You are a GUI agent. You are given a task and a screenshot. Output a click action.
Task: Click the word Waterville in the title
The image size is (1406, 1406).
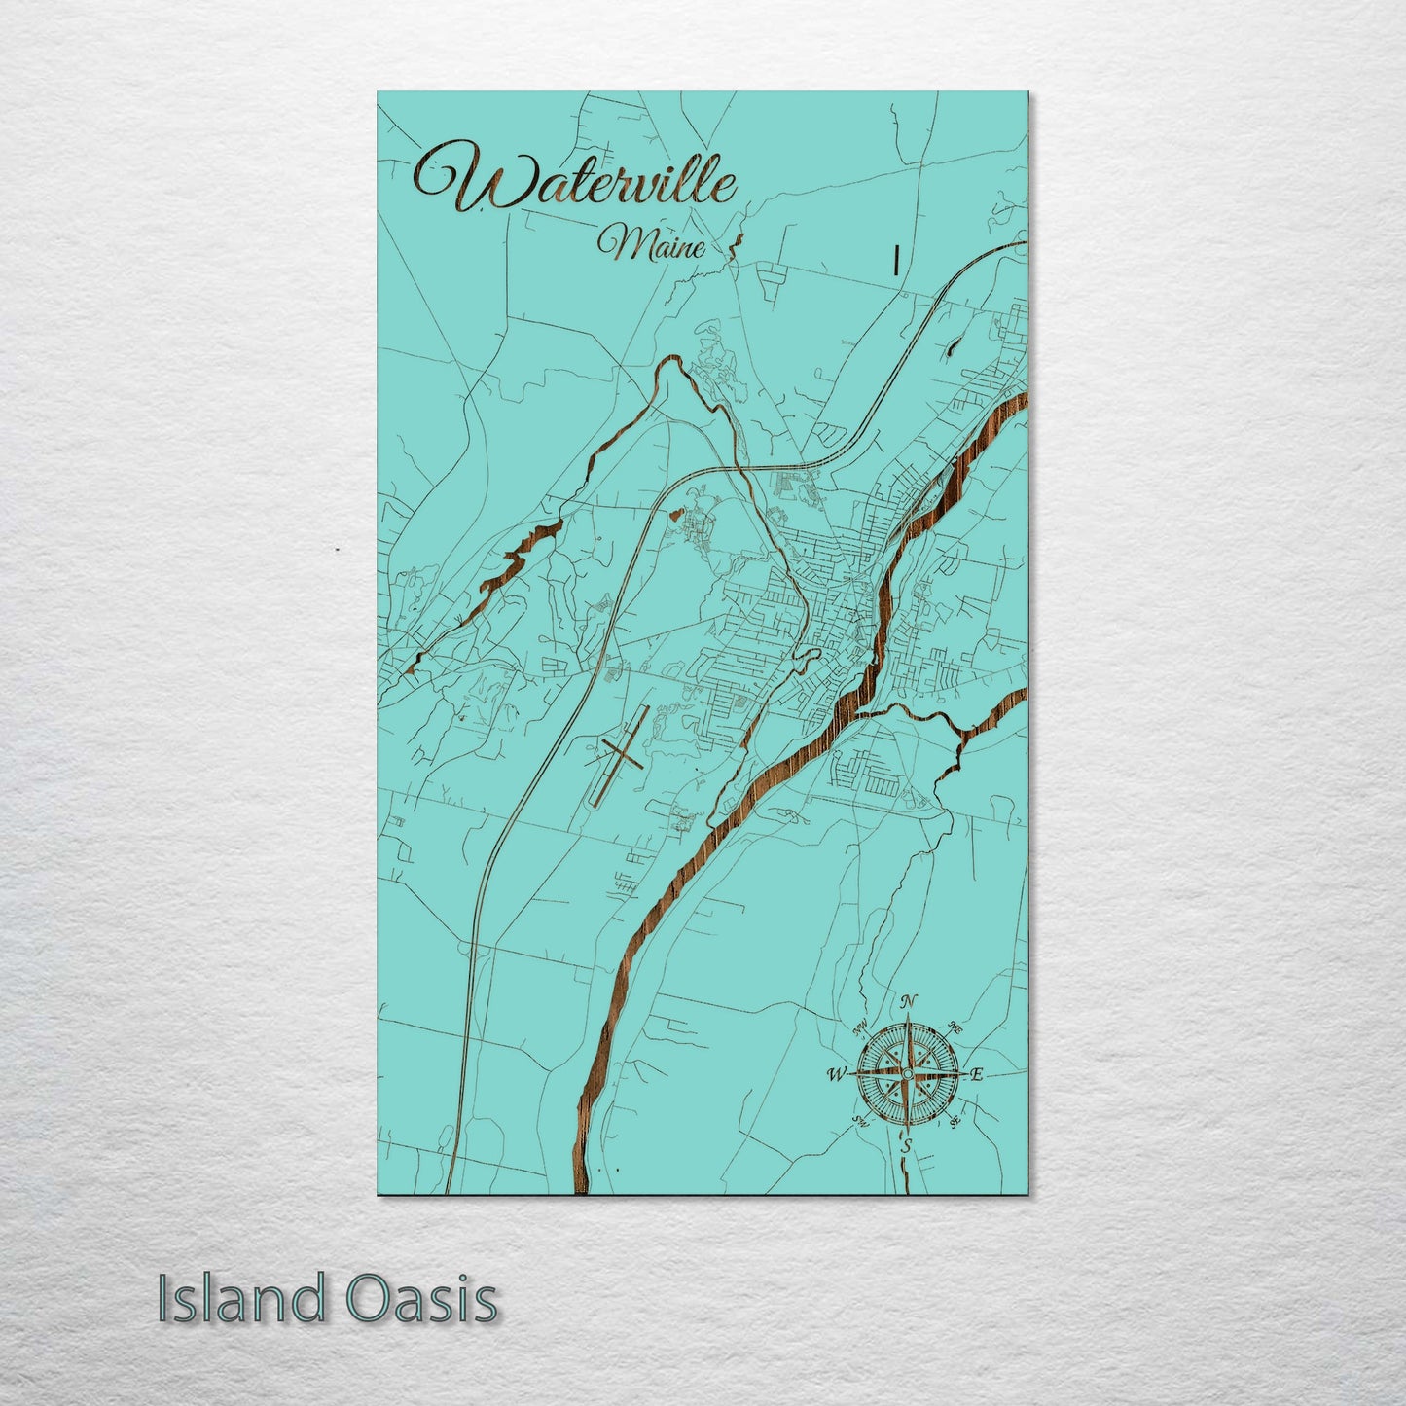(x=574, y=180)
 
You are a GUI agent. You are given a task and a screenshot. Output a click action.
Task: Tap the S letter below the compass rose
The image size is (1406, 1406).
(x=906, y=1146)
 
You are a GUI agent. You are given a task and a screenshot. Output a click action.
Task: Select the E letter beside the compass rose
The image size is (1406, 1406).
(x=978, y=1074)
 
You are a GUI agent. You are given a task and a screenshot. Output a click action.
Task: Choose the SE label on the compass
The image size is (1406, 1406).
(x=954, y=1121)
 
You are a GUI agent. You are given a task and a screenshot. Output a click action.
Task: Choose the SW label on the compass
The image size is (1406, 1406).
(x=860, y=1121)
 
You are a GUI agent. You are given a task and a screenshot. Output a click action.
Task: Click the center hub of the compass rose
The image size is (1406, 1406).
(x=907, y=1073)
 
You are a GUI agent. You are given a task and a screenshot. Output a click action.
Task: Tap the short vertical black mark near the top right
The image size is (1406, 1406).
(x=894, y=260)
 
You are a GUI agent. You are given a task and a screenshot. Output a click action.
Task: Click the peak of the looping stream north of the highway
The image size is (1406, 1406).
(x=669, y=363)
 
